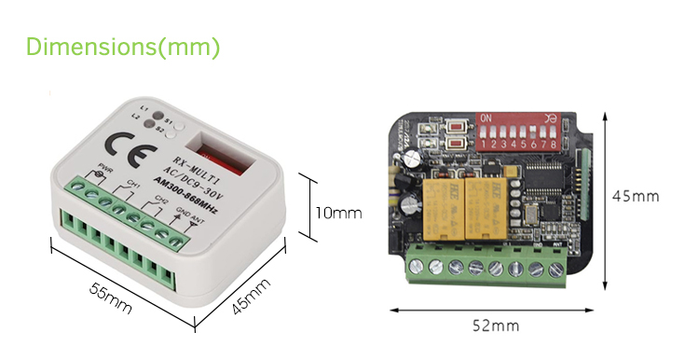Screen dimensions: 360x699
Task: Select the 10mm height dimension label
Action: tap(337, 213)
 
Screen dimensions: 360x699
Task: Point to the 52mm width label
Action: tap(493, 325)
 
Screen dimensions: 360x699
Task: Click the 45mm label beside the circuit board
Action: tap(634, 197)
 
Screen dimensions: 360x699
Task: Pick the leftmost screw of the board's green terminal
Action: tap(414, 269)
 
